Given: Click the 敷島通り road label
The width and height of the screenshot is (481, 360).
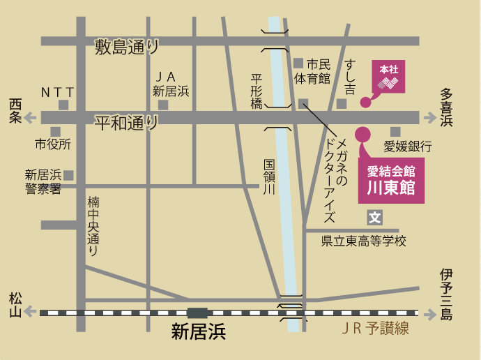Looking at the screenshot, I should click(127, 47).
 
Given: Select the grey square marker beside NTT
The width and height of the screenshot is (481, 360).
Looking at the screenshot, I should click(63, 105).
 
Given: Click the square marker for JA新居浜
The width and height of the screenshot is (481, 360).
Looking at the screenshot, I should click(163, 105).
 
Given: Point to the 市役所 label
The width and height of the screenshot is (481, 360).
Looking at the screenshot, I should click(53, 145).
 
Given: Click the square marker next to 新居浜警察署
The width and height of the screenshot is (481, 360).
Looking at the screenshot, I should click(69, 174).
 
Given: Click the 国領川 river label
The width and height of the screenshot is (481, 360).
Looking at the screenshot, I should click(270, 177).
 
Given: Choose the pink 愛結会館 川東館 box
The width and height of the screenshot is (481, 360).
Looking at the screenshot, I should click(390, 181).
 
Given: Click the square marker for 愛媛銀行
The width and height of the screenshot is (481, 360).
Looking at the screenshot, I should click(395, 132).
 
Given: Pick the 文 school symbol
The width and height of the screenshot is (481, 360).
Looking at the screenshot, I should click(375, 218).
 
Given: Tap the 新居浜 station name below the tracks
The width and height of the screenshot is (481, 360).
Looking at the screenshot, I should click(199, 333).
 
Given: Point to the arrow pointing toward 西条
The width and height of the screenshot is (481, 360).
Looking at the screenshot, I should click(29, 118).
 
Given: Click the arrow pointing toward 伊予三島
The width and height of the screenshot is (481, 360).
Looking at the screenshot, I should click(427, 313).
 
